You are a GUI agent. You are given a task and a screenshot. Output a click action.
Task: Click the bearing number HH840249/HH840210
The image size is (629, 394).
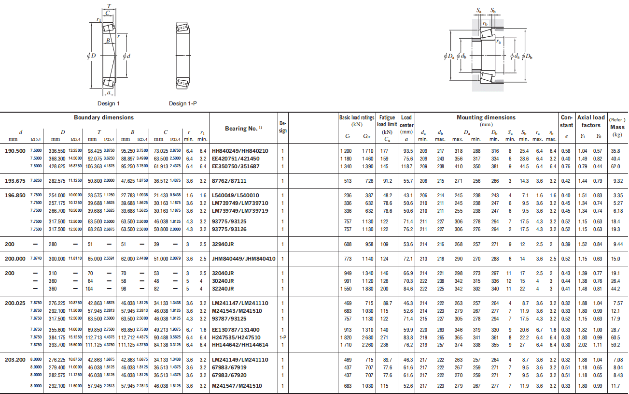(x=240, y=151)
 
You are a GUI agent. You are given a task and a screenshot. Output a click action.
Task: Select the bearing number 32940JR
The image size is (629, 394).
(x=223, y=244)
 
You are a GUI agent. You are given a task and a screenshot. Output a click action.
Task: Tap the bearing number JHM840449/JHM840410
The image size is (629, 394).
(x=243, y=259)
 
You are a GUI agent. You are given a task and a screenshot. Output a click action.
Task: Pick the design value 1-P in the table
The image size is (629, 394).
(x=283, y=337)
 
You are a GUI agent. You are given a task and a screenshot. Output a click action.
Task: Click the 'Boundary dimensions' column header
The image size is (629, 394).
(x=104, y=117)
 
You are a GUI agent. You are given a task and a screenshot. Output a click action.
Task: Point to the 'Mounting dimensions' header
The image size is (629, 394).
(x=486, y=117)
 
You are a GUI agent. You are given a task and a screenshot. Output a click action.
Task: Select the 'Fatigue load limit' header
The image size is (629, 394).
(x=387, y=121)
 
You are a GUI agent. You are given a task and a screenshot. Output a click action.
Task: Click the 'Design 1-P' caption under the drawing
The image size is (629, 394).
(x=183, y=103)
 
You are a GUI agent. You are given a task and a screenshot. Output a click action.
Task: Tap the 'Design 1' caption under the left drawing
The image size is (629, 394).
(x=109, y=103)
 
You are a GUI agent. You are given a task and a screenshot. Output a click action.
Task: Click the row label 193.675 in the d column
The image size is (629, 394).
(x=15, y=181)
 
